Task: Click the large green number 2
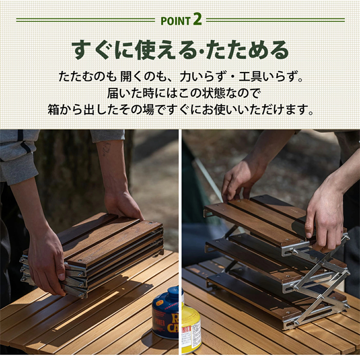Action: coord(197,19)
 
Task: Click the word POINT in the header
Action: coord(175,21)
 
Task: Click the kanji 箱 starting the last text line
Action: coord(53,109)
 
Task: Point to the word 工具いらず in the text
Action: coord(270,77)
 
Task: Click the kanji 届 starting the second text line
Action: coord(113,93)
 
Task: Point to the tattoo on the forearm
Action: coord(106,150)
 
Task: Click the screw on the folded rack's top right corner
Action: coord(150,223)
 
